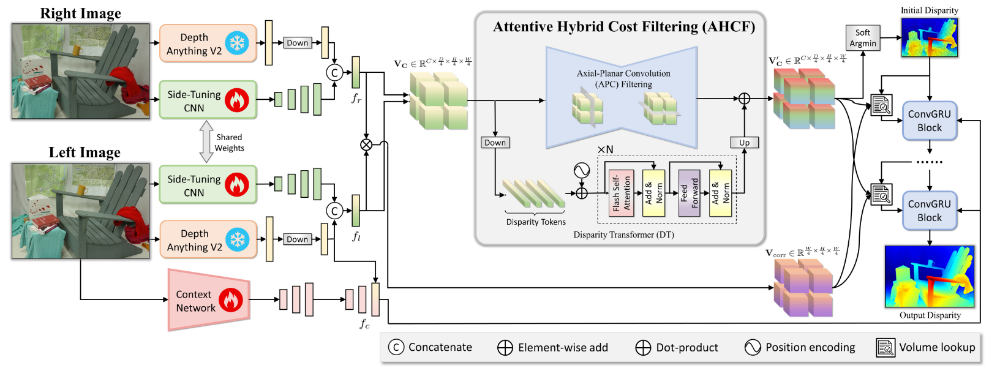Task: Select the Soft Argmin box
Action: [862, 38]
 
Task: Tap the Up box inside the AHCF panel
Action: [744, 143]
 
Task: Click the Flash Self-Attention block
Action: [621, 193]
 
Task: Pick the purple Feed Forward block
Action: [689, 193]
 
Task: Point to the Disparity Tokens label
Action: [536, 222]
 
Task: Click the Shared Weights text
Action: [229, 143]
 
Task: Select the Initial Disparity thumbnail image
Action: [929, 37]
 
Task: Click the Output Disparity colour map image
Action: [929, 276]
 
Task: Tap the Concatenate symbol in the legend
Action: [396, 347]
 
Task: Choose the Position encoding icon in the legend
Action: [753, 347]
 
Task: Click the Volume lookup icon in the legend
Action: [886, 347]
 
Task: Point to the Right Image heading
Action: [80, 13]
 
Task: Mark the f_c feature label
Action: [364, 323]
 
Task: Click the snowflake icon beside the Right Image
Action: [237, 43]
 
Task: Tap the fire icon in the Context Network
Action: [231, 301]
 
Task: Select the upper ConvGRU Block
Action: [929, 121]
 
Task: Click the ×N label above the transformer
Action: [605, 150]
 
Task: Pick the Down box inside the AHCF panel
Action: [495, 143]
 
